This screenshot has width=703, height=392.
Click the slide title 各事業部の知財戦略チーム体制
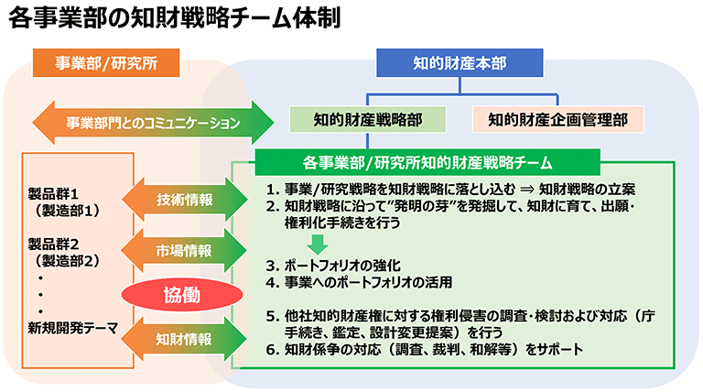pos(174,20)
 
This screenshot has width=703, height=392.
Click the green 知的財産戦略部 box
pos(367,118)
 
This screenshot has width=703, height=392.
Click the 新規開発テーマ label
pos(73,328)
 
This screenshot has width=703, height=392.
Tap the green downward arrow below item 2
pos(317,244)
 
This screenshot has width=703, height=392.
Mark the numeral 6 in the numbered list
pos(271,349)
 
